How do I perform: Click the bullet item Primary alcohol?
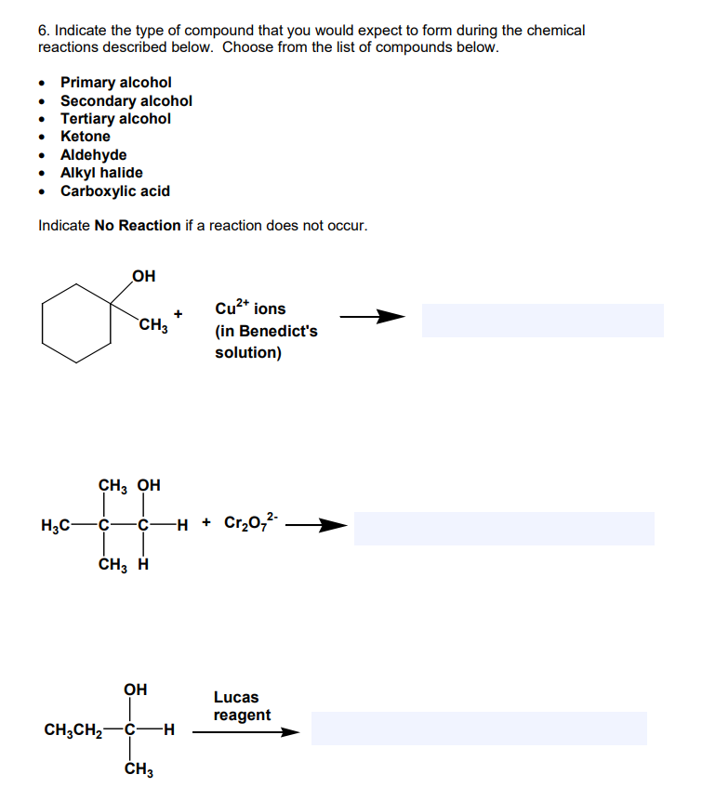[x=115, y=83]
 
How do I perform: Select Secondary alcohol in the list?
[x=126, y=100]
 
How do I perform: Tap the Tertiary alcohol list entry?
[x=115, y=119]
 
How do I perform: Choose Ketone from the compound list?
[x=85, y=137]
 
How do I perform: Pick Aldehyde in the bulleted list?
[x=93, y=154]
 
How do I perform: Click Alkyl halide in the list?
[x=101, y=173]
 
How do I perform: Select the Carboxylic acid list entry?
[x=114, y=191]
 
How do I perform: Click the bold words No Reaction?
[x=138, y=226]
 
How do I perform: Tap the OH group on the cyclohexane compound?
[x=144, y=275]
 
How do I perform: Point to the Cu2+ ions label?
[x=250, y=308]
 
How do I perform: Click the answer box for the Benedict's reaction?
[x=542, y=320]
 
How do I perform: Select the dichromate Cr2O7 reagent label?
[x=249, y=523]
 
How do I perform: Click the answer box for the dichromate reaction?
[x=503, y=529]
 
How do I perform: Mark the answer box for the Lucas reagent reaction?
[x=478, y=729]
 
